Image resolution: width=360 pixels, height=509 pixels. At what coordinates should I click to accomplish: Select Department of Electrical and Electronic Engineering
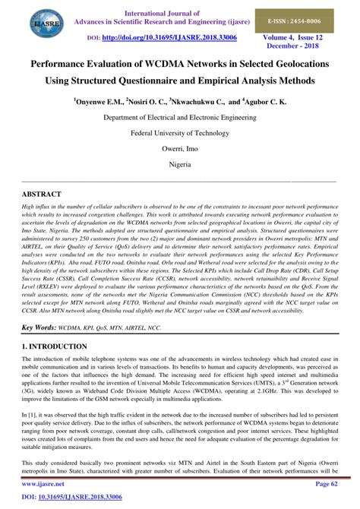point(179,119)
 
